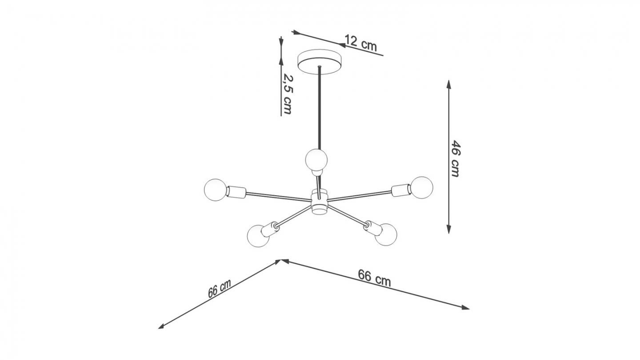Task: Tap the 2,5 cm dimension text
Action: point(288,94)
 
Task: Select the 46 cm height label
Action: point(456,158)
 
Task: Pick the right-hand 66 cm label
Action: point(374,278)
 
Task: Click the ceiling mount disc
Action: point(320,62)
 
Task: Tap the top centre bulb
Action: point(316,159)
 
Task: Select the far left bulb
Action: point(215,190)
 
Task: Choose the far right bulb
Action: point(421,187)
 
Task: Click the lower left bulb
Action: point(258,236)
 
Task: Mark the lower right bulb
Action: point(386,234)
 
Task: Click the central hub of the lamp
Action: point(319,202)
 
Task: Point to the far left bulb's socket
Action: point(236,192)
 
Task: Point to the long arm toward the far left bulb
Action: point(278,197)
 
